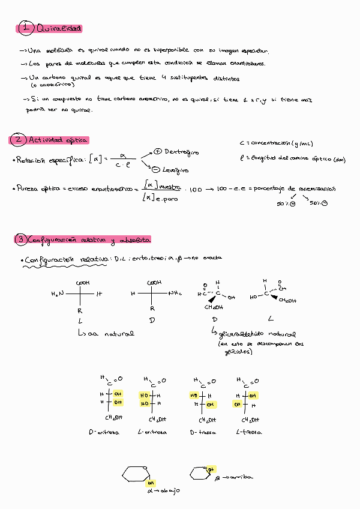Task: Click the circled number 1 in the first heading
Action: point(25,28)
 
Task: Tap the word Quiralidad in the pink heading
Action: point(59,28)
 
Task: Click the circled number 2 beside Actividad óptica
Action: point(18,140)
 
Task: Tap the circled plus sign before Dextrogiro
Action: point(158,151)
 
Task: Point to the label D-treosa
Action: point(202,432)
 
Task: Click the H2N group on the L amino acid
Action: point(57,294)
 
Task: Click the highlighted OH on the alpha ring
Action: point(151,483)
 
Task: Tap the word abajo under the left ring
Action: point(170,490)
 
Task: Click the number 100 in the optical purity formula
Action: point(196,190)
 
